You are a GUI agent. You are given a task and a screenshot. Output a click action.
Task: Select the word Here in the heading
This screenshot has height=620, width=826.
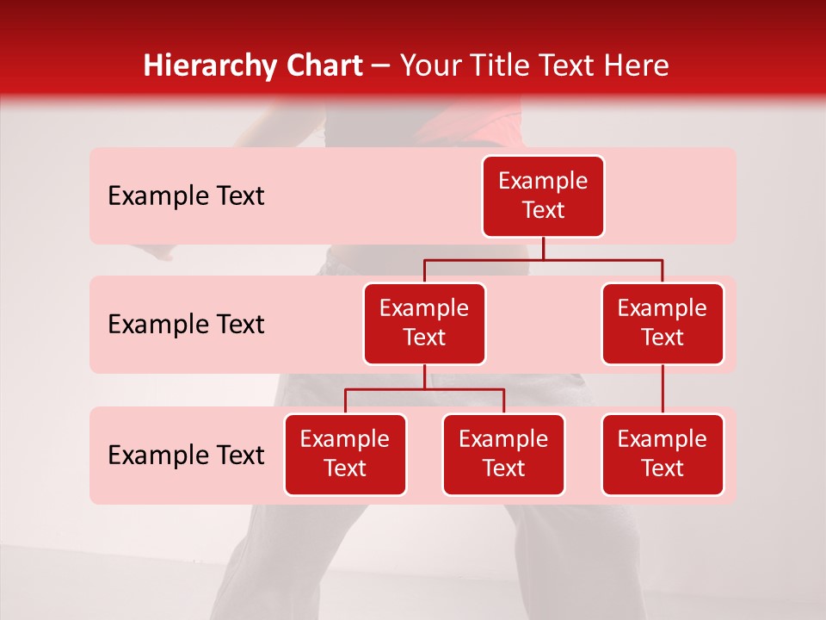[x=636, y=66]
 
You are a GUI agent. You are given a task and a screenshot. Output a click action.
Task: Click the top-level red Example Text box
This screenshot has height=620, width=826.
[x=543, y=196]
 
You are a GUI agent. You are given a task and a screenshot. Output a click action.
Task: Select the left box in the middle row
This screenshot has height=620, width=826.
[x=424, y=324]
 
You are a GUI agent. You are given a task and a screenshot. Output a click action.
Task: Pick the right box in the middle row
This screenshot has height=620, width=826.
[x=663, y=324]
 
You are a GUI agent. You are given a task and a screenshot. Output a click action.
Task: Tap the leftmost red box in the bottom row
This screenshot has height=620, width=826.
[x=345, y=455]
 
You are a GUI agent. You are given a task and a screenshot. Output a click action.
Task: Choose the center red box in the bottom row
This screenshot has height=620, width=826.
[x=503, y=455]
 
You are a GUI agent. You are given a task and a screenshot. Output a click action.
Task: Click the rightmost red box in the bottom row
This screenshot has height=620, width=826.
[x=663, y=455]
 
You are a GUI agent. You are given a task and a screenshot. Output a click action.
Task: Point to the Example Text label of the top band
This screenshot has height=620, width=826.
[x=186, y=196]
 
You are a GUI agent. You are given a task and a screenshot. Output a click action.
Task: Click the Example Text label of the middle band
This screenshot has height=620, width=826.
[x=186, y=325]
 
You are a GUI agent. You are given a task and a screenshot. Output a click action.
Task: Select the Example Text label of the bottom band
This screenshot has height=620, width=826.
[x=186, y=456]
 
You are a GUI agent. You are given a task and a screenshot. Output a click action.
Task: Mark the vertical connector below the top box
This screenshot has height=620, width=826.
[x=543, y=248]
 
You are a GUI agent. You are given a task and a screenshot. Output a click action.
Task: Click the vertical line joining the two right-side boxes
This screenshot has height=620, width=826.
[x=663, y=389]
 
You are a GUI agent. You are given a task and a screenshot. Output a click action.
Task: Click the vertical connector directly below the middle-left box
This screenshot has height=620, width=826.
[x=424, y=376]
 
